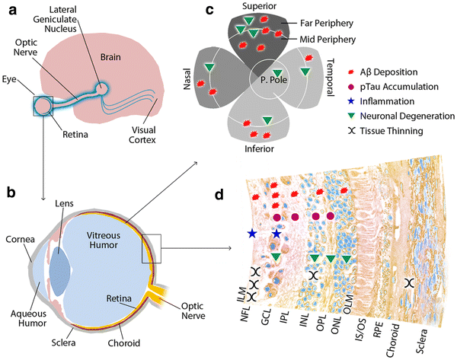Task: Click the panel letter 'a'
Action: point(9,10)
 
